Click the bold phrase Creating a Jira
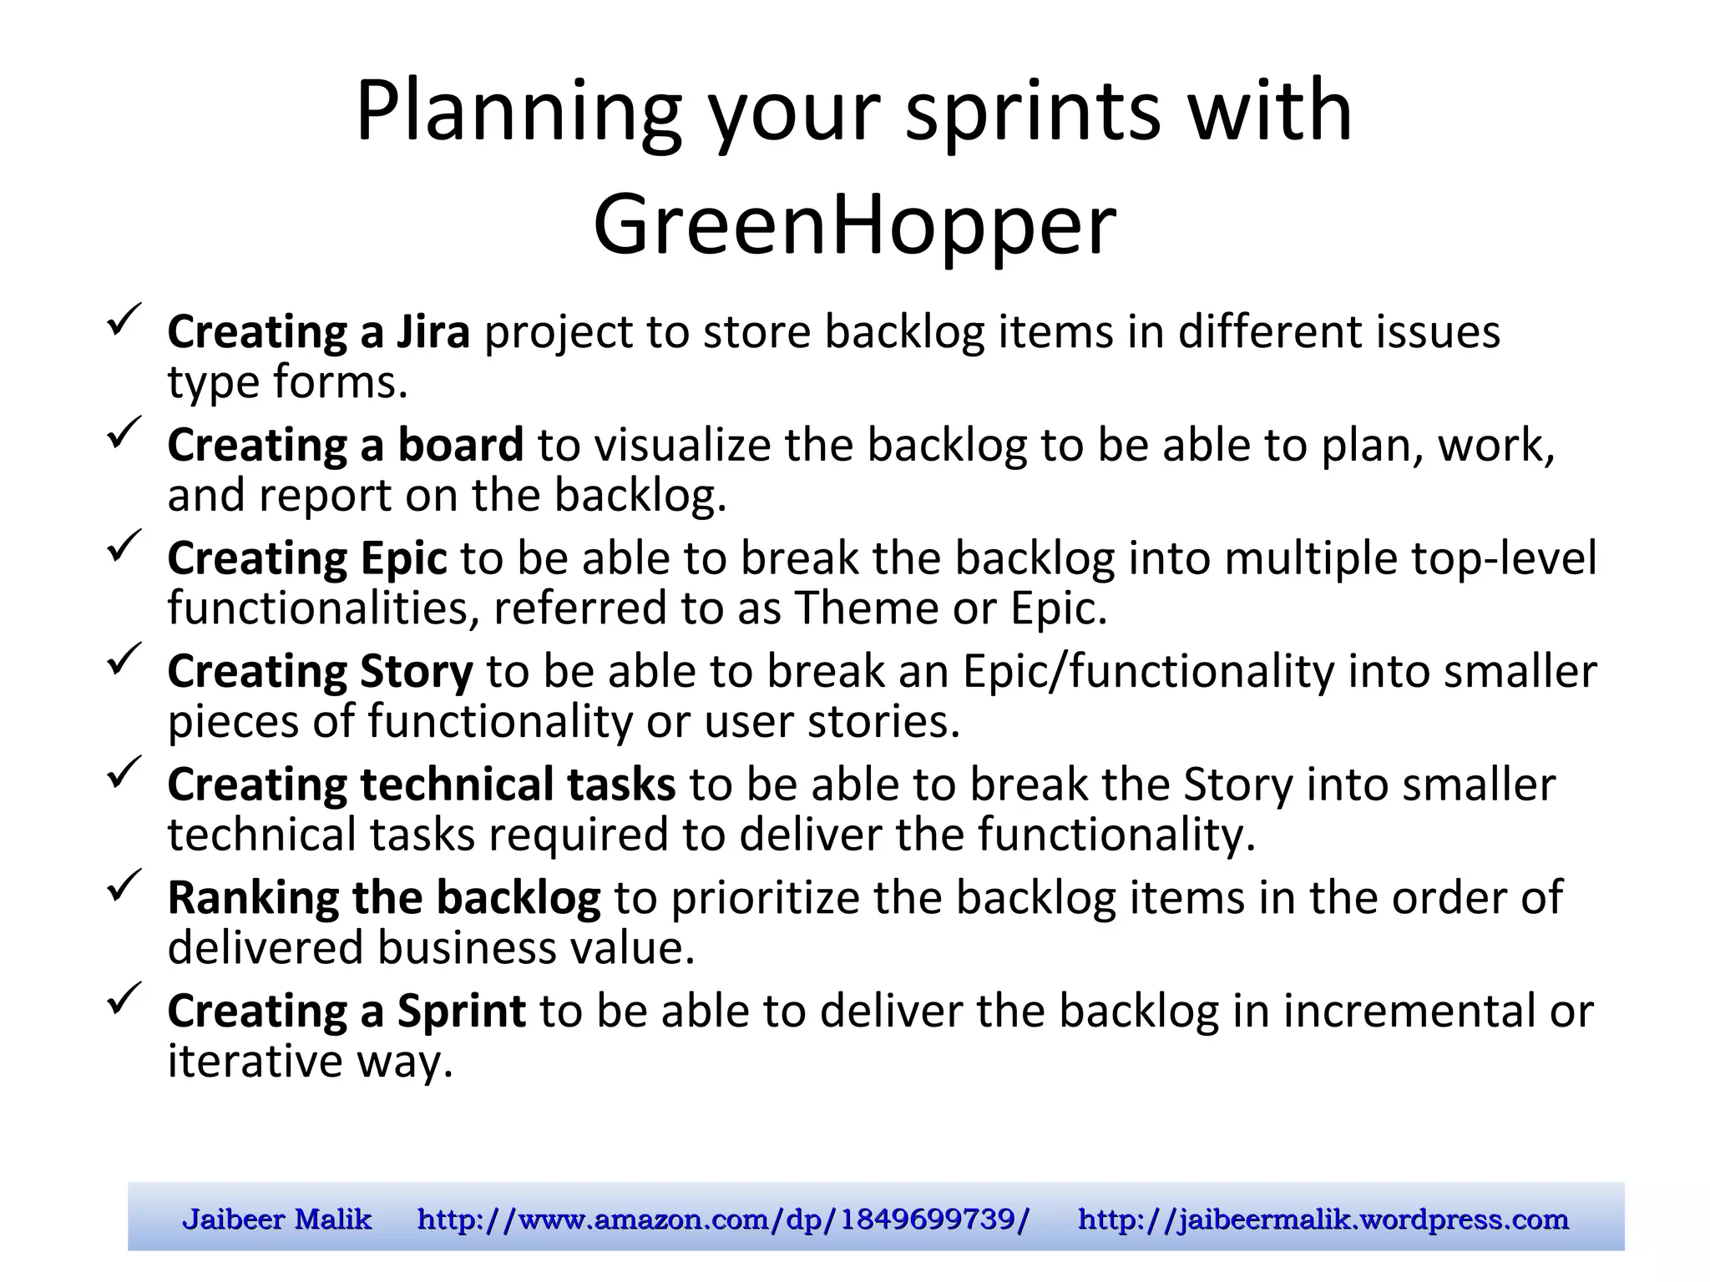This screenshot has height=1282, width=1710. (x=318, y=332)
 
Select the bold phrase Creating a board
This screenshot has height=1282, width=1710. (x=345, y=445)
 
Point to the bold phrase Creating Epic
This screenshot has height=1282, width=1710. (x=306, y=558)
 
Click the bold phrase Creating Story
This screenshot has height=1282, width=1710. (x=320, y=672)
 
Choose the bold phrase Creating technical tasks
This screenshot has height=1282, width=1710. (x=421, y=785)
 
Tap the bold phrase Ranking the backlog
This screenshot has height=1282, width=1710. (x=383, y=898)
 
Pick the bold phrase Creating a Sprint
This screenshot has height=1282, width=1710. (x=346, y=1011)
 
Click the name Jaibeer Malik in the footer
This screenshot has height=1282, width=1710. (x=276, y=1219)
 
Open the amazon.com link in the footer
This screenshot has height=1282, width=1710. (x=723, y=1219)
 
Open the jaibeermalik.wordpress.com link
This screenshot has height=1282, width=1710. (x=1323, y=1219)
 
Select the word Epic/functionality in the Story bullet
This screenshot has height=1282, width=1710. (x=1148, y=672)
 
